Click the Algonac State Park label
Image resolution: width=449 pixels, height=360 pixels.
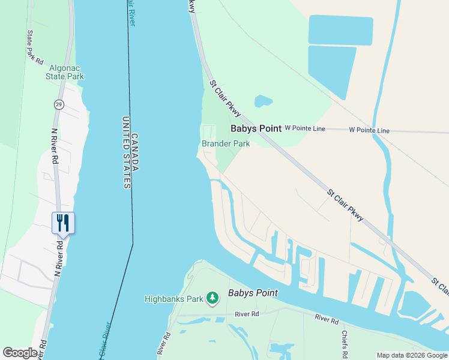[65, 72]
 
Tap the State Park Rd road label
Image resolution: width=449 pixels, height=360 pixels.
[35, 47]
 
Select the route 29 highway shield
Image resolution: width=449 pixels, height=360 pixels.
[58, 104]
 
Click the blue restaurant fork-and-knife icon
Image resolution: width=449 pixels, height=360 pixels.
[62, 223]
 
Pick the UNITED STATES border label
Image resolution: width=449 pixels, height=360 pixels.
[126, 153]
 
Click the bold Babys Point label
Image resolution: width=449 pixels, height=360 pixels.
[256, 128]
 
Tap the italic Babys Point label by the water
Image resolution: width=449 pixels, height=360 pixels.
[253, 293]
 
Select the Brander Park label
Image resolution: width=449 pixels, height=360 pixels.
[226, 143]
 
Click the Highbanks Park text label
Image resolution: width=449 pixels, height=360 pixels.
[173, 298]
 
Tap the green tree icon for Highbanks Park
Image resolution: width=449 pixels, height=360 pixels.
[212, 298]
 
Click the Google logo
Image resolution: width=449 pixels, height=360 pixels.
[20, 353]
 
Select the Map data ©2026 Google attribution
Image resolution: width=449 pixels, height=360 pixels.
[412, 355]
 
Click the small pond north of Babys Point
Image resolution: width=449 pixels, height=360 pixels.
[263, 101]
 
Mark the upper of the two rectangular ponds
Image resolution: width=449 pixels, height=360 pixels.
[340, 30]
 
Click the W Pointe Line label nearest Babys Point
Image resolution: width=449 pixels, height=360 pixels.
[305, 128]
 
